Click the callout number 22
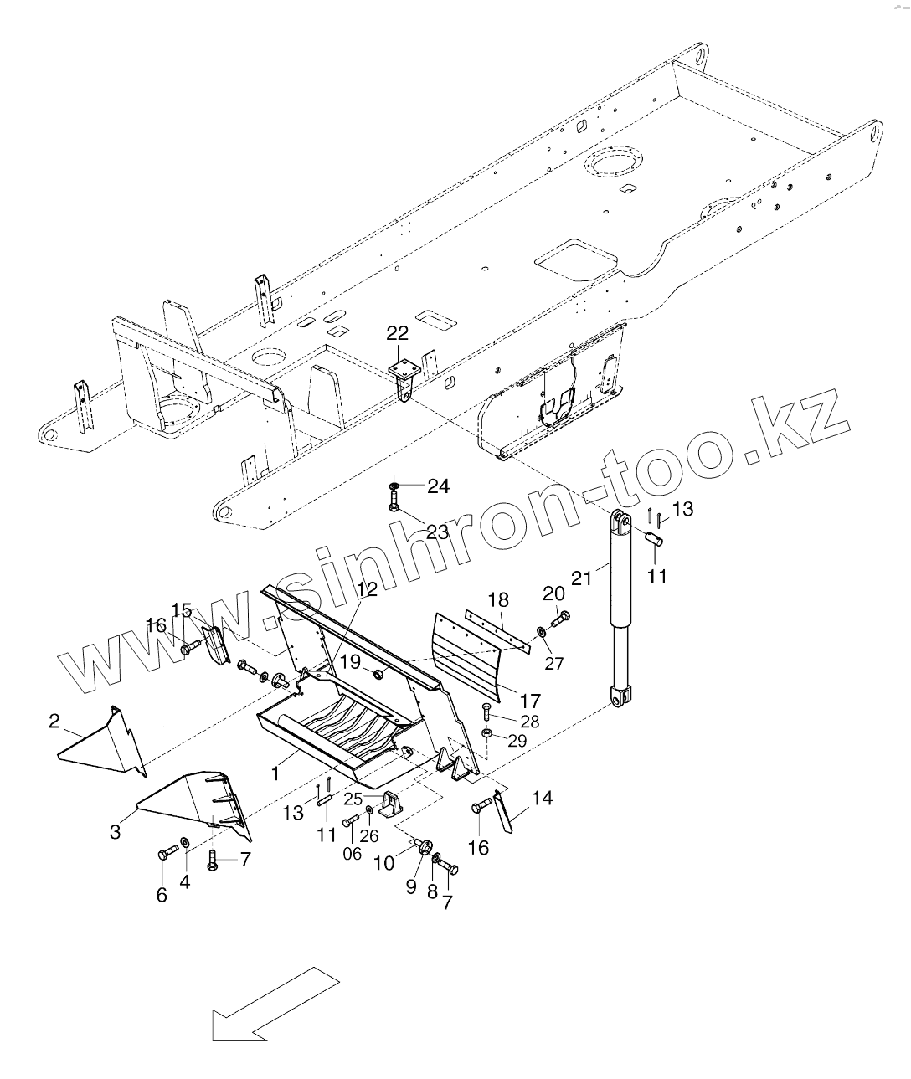pos(397,332)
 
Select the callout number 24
pos(438,486)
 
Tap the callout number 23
pos(437,532)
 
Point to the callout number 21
pos(581,578)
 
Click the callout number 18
pos(498,599)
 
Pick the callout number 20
pos(553,593)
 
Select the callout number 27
pos(554,663)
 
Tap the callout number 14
pos(543,798)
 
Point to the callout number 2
pos(54,720)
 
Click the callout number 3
pos(116,831)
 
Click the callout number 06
pos(352,853)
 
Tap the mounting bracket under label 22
pos(404,375)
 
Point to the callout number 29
pos(517,740)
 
